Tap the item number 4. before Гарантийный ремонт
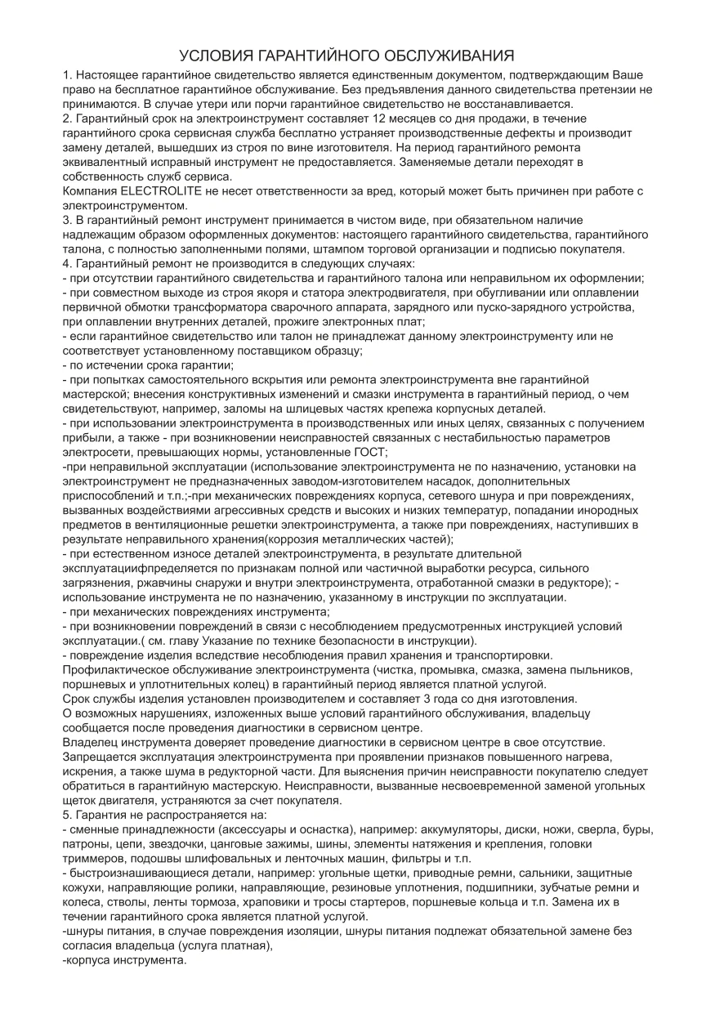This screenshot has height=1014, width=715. coord(68,264)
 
